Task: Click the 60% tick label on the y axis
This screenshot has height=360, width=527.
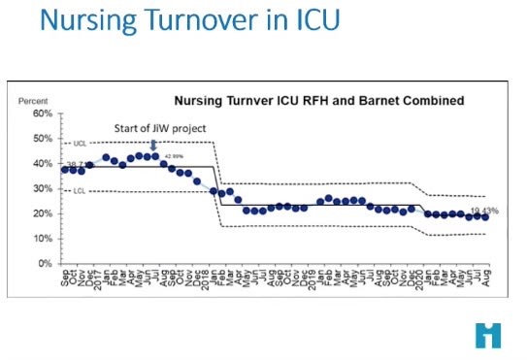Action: click(x=40, y=114)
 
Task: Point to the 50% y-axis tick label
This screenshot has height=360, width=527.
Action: click(x=40, y=139)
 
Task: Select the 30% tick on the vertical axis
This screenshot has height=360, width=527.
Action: click(x=40, y=188)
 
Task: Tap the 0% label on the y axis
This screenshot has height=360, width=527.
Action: click(x=43, y=264)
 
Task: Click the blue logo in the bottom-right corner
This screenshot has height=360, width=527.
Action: click(x=488, y=335)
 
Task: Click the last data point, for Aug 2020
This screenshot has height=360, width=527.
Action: click(x=484, y=217)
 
